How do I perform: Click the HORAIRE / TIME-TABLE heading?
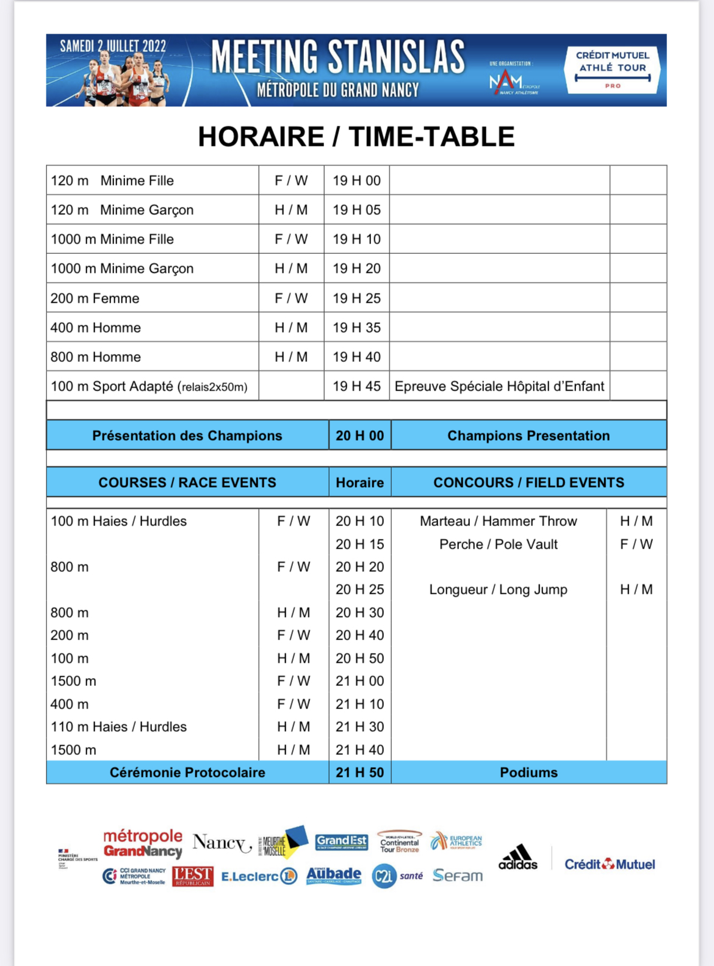(356, 137)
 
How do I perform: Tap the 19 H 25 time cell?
(356, 298)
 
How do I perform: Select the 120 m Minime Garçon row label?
(122, 210)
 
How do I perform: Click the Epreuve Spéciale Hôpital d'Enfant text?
(499, 386)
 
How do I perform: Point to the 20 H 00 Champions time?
(359, 436)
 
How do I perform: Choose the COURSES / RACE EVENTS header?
(187, 483)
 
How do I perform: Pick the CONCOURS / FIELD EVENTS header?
(528, 483)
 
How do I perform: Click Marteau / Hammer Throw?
(498, 521)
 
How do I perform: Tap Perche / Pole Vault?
(498, 544)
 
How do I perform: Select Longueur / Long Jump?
(498, 589)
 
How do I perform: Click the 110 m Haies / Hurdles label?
(118, 727)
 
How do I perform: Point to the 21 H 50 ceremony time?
(359, 773)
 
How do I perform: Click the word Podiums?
(528, 773)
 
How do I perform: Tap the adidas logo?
(518, 858)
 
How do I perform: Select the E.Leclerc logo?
(259, 876)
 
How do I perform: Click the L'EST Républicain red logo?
(193, 876)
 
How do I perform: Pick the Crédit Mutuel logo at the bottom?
(610, 864)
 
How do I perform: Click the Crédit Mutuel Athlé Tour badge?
(613, 70)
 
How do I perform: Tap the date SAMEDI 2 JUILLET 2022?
(113, 46)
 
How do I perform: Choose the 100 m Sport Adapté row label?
(149, 386)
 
